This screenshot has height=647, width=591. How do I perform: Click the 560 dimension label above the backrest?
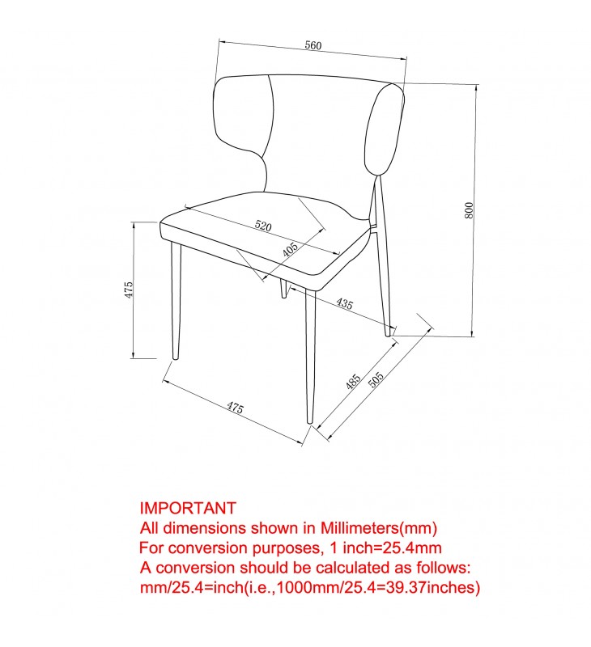pyautogui.click(x=313, y=45)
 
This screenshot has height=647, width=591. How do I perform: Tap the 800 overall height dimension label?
pyautogui.click(x=469, y=210)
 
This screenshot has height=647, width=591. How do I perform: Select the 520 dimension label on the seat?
pyautogui.click(x=263, y=226)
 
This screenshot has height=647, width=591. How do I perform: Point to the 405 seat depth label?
pyautogui.click(x=291, y=250)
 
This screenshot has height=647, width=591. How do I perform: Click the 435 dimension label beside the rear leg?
pyautogui.click(x=344, y=304)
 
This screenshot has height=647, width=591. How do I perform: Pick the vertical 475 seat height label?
pyautogui.click(x=129, y=290)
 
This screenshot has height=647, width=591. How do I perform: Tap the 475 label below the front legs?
pyautogui.click(x=235, y=408)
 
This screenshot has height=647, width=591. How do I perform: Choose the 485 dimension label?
pyautogui.click(x=353, y=382)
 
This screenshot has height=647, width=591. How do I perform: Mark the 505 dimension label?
pyautogui.click(x=376, y=379)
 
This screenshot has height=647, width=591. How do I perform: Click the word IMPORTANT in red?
pyautogui.click(x=188, y=508)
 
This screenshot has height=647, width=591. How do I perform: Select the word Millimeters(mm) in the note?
pyautogui.click(x=379, y=528)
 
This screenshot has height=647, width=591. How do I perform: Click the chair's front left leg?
pyautogui.click(x=176, y=301)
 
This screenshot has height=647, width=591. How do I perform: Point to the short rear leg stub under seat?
pyautogui.click(x=283, y=288)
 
